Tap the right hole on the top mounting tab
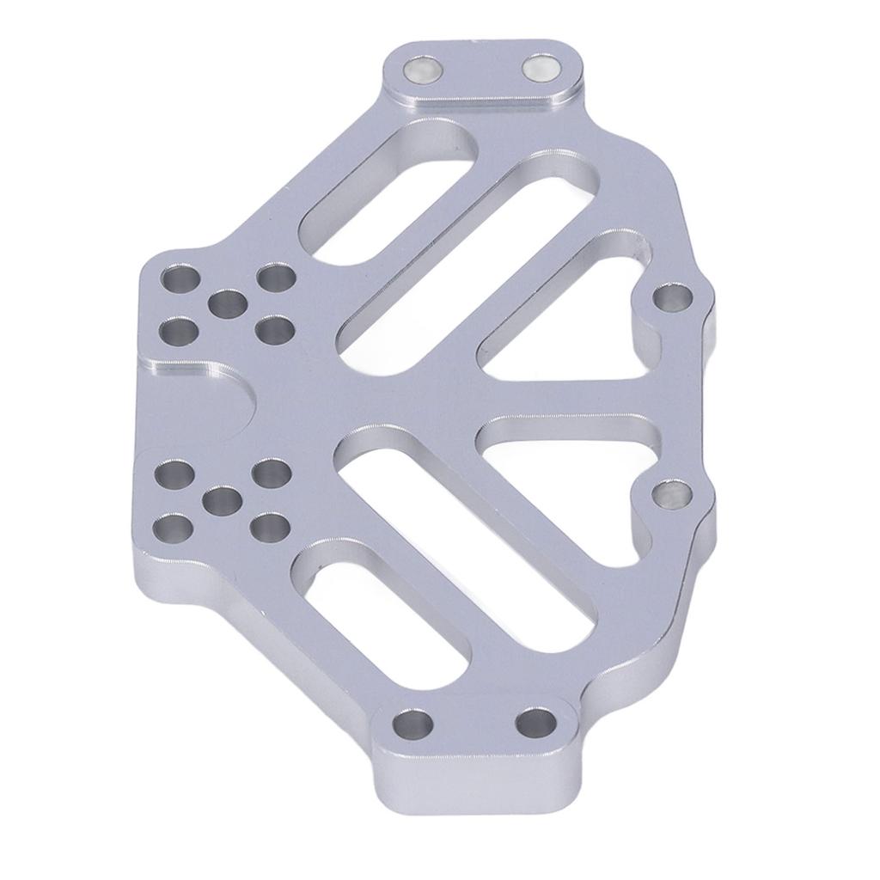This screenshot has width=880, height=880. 541,68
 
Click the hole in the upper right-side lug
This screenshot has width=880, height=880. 672,298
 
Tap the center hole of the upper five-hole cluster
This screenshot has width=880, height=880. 228,302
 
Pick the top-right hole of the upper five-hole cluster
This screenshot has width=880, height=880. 277,278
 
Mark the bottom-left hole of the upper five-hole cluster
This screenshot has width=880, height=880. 178,329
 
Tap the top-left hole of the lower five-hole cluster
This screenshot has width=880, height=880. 175,474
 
